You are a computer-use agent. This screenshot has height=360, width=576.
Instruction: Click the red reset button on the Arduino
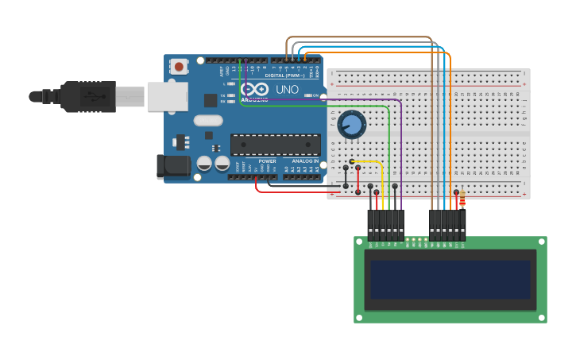(179, 67)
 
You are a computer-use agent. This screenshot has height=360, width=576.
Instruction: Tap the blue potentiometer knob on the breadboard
(351, 125)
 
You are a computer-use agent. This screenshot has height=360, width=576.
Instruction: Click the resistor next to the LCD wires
(462, 196)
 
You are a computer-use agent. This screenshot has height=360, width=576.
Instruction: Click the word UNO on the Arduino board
(287, 90)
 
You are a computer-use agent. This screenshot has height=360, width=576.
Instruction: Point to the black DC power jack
(173, 165)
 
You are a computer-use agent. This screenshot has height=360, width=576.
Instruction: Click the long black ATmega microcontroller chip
(275, 144)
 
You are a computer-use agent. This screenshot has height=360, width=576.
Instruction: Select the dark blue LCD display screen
(450, 279)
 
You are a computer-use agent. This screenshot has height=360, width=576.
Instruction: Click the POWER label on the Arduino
(267, 161)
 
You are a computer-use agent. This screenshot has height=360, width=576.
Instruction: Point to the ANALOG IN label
(304, 161)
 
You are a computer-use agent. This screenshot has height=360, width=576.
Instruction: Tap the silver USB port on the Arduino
(167, 96)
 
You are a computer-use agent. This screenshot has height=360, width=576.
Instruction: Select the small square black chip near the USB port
(211, 100)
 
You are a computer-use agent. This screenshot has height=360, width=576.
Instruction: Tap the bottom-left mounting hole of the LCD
(360, 318)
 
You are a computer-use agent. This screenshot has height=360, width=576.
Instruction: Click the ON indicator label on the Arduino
(315, 95)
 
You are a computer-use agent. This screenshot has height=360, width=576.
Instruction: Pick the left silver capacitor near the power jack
(204, 163)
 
